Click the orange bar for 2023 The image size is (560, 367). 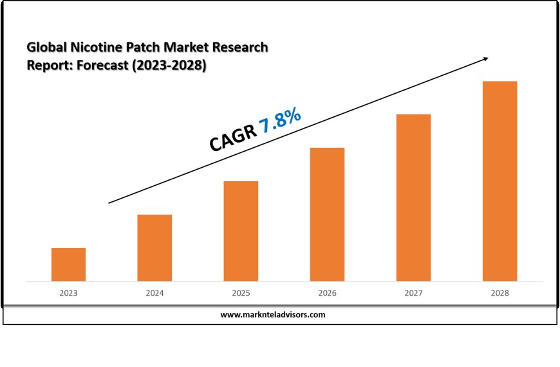point(68,264)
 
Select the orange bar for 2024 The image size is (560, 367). point(154,247)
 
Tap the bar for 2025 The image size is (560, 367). point(241,231)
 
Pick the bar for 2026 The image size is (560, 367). point(327,214)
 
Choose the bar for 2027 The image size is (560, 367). point(413,197)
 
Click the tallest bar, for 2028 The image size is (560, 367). point(499,181)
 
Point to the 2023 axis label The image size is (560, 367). point(68,293)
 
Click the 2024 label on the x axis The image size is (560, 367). point(154,293)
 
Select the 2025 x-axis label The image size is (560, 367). point(241,293)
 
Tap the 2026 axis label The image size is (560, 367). point(327,293)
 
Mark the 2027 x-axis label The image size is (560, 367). point(413,293)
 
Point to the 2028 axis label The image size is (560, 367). point(499,293)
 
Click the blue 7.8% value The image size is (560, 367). point(280,121)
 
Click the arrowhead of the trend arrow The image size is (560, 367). point(485,60)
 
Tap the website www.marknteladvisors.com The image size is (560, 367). point(273,315)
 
